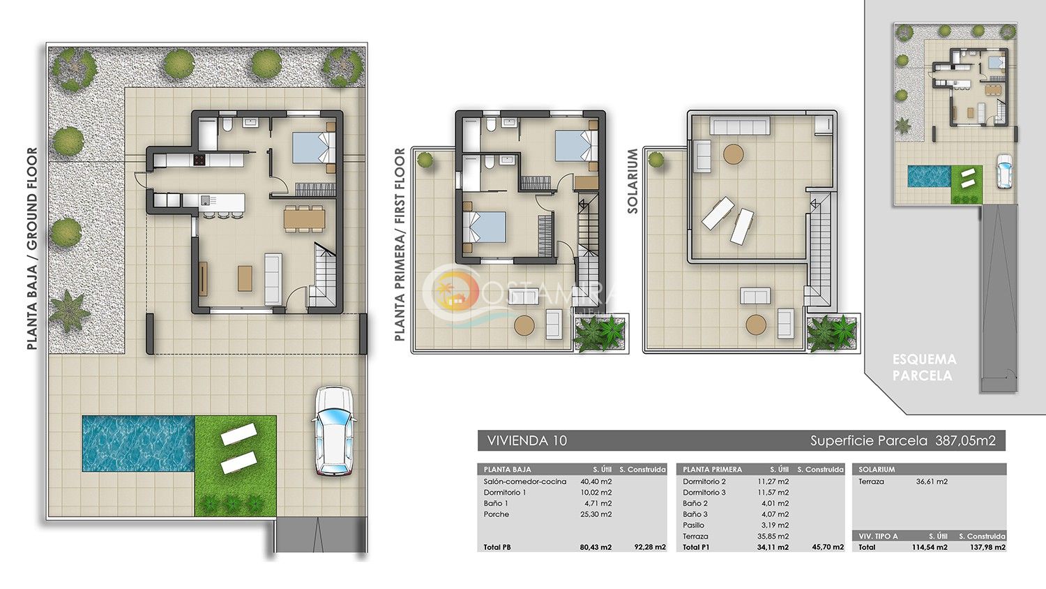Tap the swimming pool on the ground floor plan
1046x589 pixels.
coord(139,443)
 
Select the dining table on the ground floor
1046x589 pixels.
coord(305,218)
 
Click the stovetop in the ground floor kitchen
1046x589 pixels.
coord(199,161)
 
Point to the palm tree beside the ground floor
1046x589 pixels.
coord(68,310)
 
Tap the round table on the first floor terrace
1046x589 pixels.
coord(524,325)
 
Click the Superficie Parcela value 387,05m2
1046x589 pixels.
coord(965,440)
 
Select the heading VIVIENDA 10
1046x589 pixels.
coord(526,440)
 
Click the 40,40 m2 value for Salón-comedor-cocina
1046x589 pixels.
coord(596,482)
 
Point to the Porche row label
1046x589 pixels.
coord(497,514)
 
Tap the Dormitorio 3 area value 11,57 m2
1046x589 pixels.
coord(773,492)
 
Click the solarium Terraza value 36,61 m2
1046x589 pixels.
coord(932,482)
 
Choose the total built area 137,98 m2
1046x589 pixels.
coord(988,547)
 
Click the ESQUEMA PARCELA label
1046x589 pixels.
coord(924,367)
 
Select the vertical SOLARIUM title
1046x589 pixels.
coord(632,181)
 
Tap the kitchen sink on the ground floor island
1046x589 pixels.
coord(205,200)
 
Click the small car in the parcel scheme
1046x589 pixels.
coord(1004,172)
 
